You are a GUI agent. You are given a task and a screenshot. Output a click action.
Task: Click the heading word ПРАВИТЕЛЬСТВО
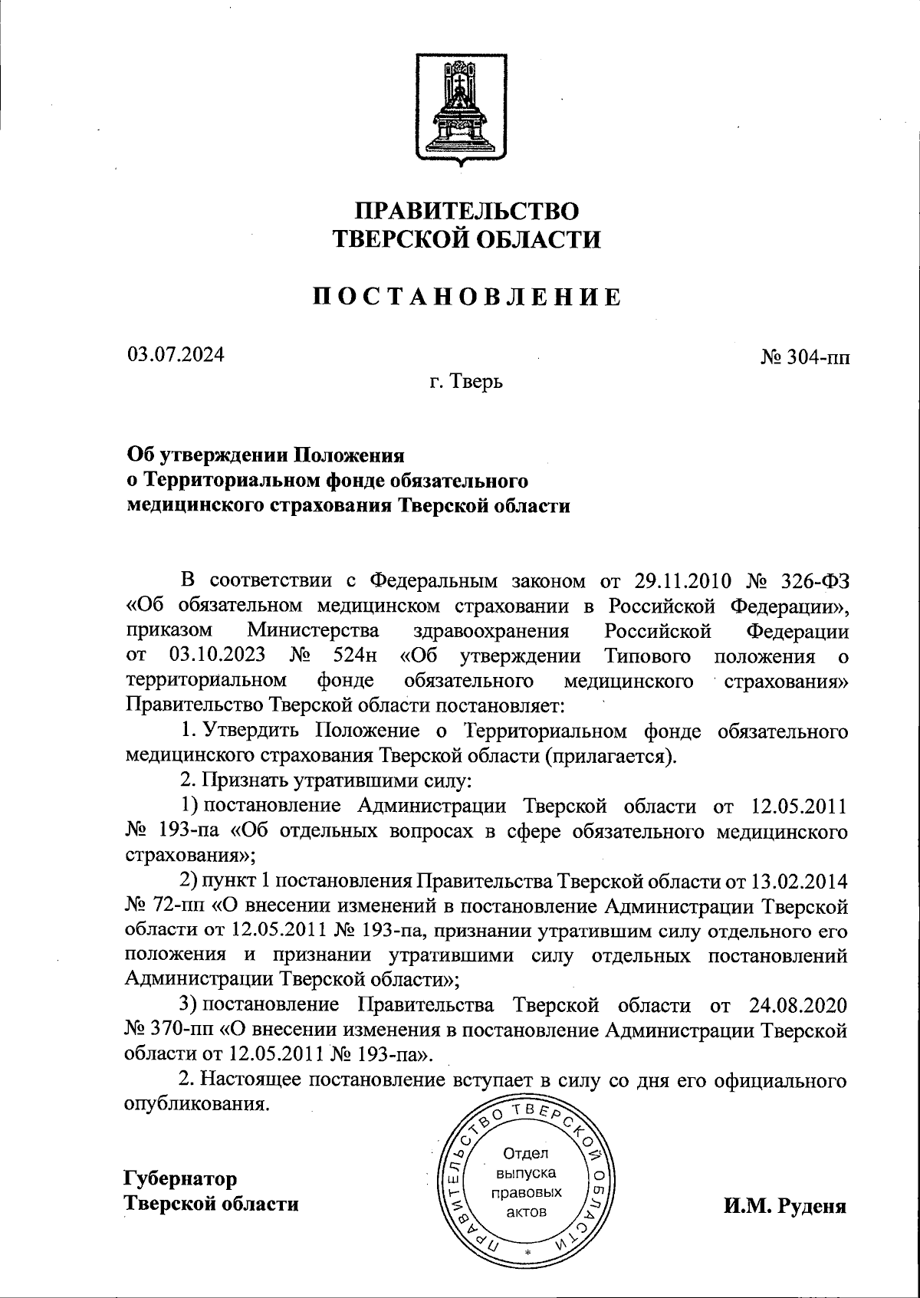click(466, 210)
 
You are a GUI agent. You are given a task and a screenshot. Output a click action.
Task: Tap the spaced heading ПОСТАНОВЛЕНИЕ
click(466, 297)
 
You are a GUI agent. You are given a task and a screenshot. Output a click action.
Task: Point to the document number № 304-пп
click(804, 358)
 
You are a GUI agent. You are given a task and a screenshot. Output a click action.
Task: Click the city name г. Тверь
click(465, 381)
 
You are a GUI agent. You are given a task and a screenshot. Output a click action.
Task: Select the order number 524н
click(357, 656)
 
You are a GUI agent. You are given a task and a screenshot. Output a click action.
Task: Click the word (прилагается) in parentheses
click(608, 756)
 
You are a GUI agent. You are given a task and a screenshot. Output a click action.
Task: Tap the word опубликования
click(198, 1106)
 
